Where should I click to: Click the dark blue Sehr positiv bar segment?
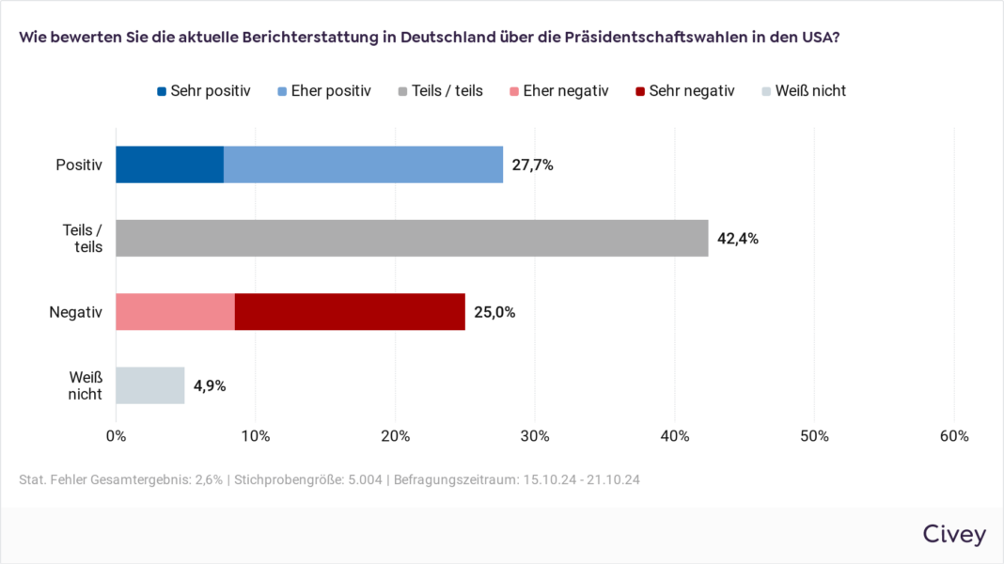tap(169, 164)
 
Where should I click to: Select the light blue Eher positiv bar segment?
tap(363, 164)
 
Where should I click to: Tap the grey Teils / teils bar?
tap(412, 238)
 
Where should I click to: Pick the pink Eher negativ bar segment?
tap(175, 311)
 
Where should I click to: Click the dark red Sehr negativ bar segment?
tap(350, 311)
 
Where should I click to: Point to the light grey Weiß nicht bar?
tap(149, 385)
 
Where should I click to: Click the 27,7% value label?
tap(532, 164)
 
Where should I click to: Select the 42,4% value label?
tap(737, 238)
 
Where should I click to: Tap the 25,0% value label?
tap(494, 312)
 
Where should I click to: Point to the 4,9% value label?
tap(210, 385)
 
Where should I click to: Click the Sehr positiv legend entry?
tap(203, 91)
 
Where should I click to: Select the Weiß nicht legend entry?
tap(804, 91)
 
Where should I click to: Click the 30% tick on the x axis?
tap(535, 436)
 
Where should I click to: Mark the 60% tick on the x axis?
tap(954, 436)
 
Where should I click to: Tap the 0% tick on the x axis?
tap(116, 436)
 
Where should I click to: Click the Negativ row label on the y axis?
tap(75, 311)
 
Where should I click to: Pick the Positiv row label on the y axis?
tap(78, 164)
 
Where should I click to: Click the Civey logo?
tap(953, 535)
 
